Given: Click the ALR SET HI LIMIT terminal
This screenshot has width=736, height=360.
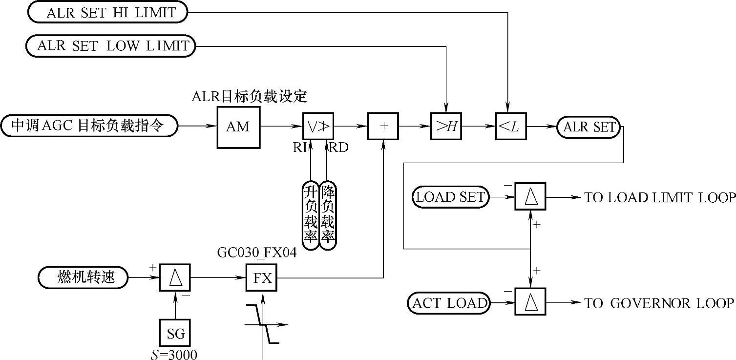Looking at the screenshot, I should pyautogui.click(x=107, y=13).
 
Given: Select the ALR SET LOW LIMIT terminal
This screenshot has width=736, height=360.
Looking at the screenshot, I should pyautogui.click(x=110, y=46).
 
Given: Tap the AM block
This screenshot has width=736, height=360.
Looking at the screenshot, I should pyautogui.click(x=238, y=127).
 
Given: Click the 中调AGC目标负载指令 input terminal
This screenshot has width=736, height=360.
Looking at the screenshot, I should pyautogui.click(x=89, y=126).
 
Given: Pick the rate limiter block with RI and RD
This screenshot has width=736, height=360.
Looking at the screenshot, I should pyautogui.click(x=318, y=127).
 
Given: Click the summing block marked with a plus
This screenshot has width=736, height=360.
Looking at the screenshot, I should pyautogui.click(x=383, y=126).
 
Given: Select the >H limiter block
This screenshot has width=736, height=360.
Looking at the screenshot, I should pyautogui.click(x=446, y=127).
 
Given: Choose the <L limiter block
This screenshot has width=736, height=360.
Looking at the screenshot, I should pyautogui.click(x=510, y=127).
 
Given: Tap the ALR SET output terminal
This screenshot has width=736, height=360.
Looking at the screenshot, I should pyautogui.click(x=588, y=127).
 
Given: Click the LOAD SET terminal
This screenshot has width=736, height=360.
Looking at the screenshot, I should pyautogui.click(x=450, y=197).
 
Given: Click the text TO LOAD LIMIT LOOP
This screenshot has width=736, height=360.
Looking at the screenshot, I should pyautogui.click(x=660, y=198).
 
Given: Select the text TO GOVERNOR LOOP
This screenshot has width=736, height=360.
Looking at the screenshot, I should pyautogui.click(x=659, y=303).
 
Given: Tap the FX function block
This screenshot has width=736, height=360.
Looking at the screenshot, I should pyautogui.click(x=261, y=278).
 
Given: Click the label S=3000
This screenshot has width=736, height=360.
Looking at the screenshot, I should pyautogui.click(x=174, y=354).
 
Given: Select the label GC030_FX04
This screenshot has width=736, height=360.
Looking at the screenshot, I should pyautogui.click(x=257, y=254).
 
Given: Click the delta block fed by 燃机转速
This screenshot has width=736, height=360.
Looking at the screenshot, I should pyautogui.click(x=175, y=278).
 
